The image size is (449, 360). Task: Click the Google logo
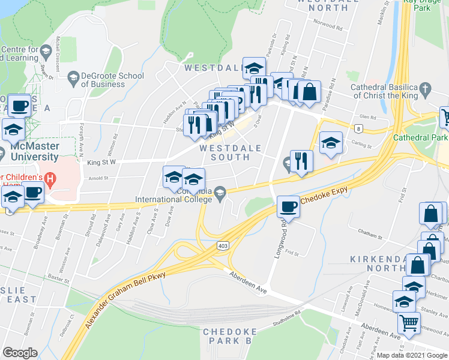pyautogui.click(x=20, y=353)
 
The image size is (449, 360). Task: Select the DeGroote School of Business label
pyautogui.click(x=113, y=80)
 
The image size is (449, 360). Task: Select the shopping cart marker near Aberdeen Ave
pyautogui.click(x=409, y=322)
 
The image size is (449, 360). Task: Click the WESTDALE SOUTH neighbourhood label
pyautogui.click(x=224, y=152)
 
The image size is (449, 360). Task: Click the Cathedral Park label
pyautogui.click(x=420, y=137)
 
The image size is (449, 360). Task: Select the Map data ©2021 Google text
pyautogui.click(x=412, y=355)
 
